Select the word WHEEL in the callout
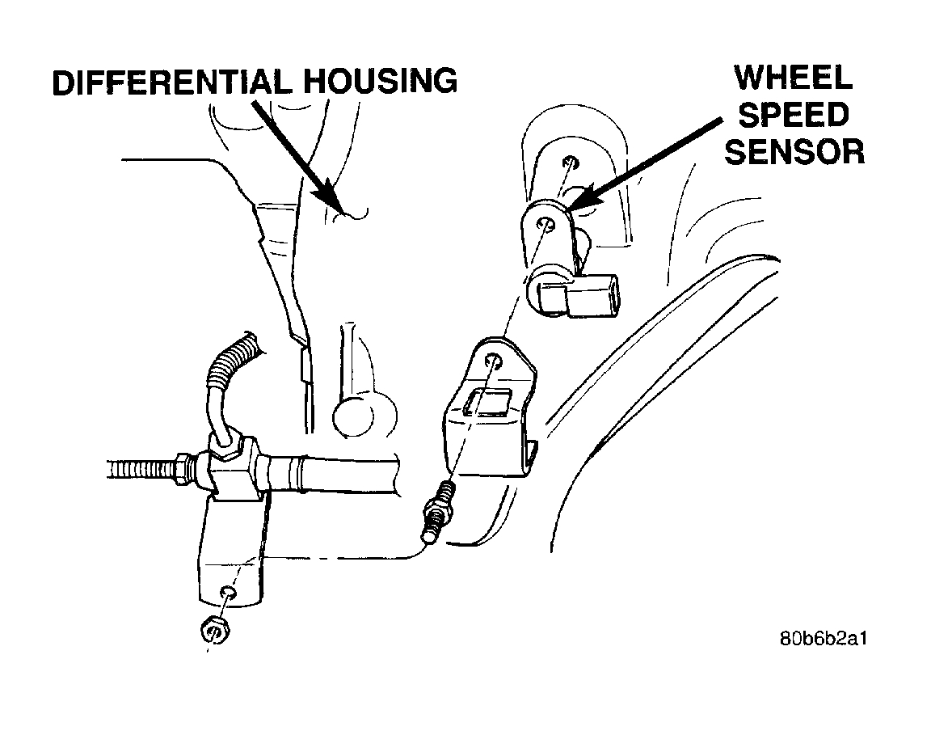tap(793, 78)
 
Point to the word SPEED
tap(794, 115)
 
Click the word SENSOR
tap(794, 151)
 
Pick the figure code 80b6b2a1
tap(824, 638)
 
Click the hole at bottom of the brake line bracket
tap(229, 594)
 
